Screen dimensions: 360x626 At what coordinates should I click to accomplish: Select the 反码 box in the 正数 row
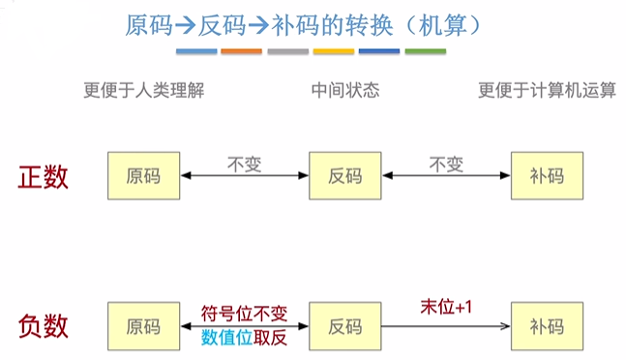coord(345,175)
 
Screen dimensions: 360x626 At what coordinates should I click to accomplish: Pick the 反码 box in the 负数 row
coord(345,326)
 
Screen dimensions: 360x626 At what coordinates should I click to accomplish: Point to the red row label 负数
coord(44,326)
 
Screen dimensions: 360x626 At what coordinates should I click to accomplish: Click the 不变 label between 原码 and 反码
coord(244,162)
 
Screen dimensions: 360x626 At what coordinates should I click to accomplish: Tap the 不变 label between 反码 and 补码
coord(445,162)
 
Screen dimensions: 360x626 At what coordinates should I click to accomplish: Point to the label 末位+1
coord(445,306)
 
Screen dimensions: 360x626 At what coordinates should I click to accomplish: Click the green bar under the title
coord(426,50)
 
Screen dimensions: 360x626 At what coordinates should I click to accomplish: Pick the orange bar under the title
coord(242,50)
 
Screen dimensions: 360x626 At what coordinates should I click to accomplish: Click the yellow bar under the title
coord(334,50)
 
